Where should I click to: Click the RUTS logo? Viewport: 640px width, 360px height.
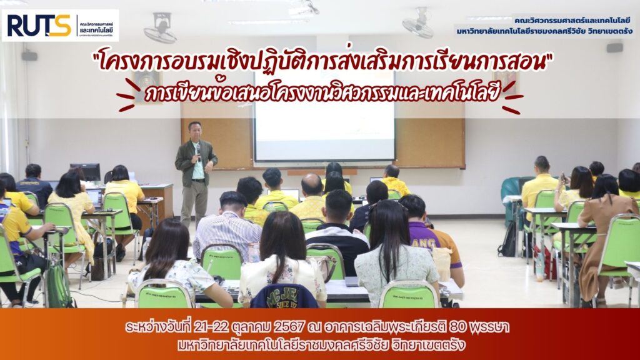point(60,25)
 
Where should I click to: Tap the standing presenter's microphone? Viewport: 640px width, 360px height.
point(197,152)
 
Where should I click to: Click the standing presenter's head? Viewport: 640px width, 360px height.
point(195,131)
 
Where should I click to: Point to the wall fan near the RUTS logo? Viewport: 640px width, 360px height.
point(161,29)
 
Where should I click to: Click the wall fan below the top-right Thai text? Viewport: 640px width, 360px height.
point(418,24)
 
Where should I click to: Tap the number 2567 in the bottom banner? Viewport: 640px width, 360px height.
point(289,327)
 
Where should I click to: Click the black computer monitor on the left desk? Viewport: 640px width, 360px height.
point(85,172)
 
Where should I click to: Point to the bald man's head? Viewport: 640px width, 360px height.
point(312,184)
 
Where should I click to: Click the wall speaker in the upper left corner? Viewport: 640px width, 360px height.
point(29,56)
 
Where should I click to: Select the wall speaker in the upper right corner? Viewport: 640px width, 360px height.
point(615,47)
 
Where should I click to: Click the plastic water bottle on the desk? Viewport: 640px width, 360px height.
point(254,252)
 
